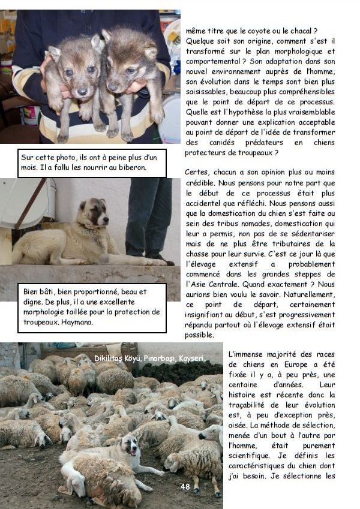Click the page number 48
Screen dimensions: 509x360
click(x=185, y=487)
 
